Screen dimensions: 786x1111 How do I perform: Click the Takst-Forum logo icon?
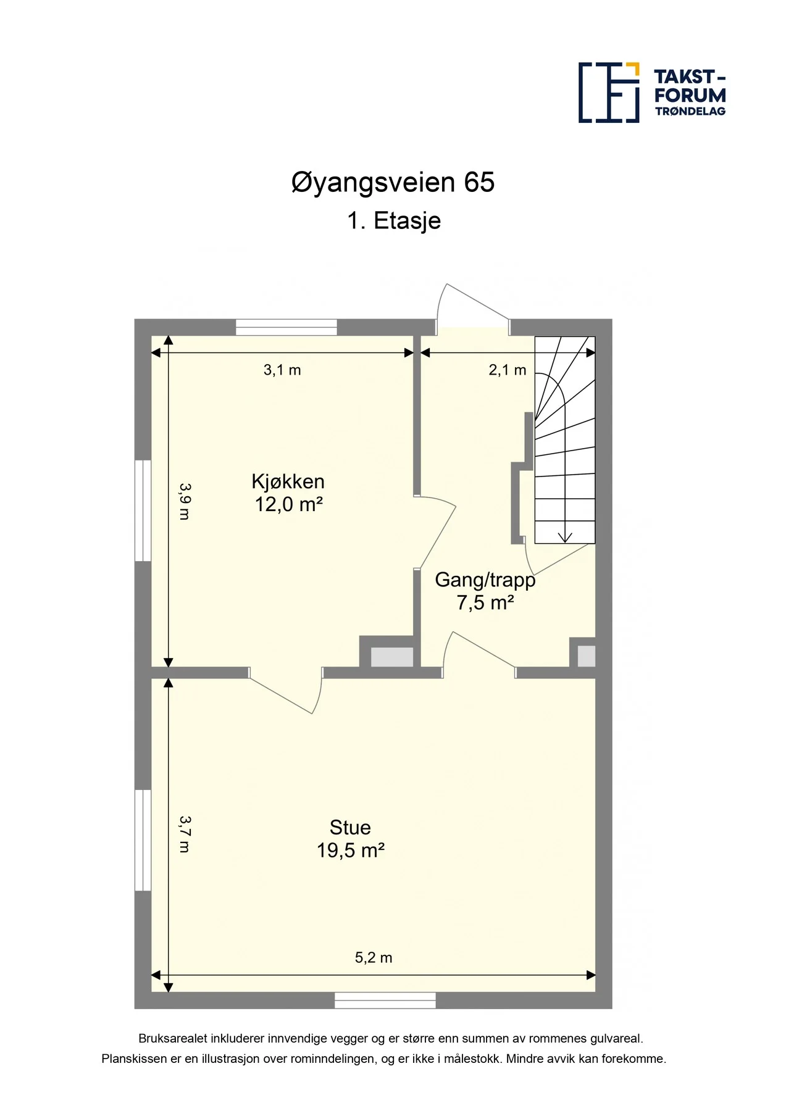608,93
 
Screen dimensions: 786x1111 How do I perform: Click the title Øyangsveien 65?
393,183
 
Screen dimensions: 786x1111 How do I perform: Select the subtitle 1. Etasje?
394,221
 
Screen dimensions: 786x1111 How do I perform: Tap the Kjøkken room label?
288,482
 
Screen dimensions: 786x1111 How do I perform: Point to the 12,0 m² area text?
289,504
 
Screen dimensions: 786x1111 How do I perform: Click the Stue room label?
350,828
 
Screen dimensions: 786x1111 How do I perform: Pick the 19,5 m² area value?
351,851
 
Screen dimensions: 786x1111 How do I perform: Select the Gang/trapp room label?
485,580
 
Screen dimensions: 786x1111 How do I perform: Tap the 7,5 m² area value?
485,602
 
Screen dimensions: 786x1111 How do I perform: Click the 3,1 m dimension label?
282,370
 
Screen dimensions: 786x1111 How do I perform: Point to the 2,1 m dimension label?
508,370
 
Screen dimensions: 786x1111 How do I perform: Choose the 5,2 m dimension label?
374,957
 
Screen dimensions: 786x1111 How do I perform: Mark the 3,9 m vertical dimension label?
184,501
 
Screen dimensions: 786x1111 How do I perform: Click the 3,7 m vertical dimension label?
184,834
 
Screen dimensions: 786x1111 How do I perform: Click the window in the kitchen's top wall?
286,327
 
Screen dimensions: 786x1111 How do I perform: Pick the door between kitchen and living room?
285,690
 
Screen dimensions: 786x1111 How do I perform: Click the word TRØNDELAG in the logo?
690,112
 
